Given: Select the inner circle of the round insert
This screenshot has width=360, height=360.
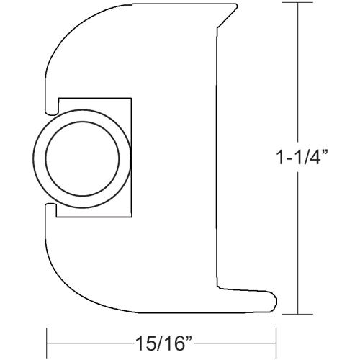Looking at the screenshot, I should [81, 158].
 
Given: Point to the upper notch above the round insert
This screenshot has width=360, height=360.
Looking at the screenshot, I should [53, 109].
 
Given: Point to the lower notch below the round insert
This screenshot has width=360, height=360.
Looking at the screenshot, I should [53, 207].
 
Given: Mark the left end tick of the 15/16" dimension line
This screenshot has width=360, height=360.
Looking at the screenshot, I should [48, 339].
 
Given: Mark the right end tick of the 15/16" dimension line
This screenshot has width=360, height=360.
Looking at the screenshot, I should [276, 339].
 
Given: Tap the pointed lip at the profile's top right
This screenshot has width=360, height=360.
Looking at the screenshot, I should [235, 8].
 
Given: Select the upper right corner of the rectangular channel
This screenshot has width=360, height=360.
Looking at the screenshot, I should [131, 99].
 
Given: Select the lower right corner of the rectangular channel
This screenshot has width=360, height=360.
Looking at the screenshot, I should [131, 216].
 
